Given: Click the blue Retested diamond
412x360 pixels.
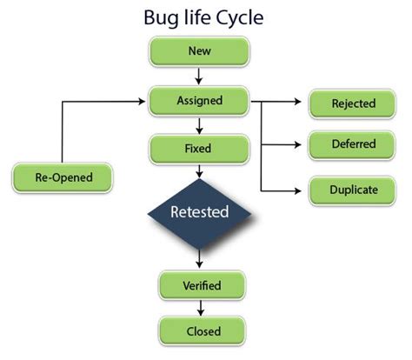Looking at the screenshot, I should click(x=199, y=210).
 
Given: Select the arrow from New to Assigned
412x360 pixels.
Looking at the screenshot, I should click(x=199, y=76).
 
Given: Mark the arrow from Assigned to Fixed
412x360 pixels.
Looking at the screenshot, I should click(x=199, y=124).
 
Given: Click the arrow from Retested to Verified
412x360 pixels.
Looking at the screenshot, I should click(x=199, y=257).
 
